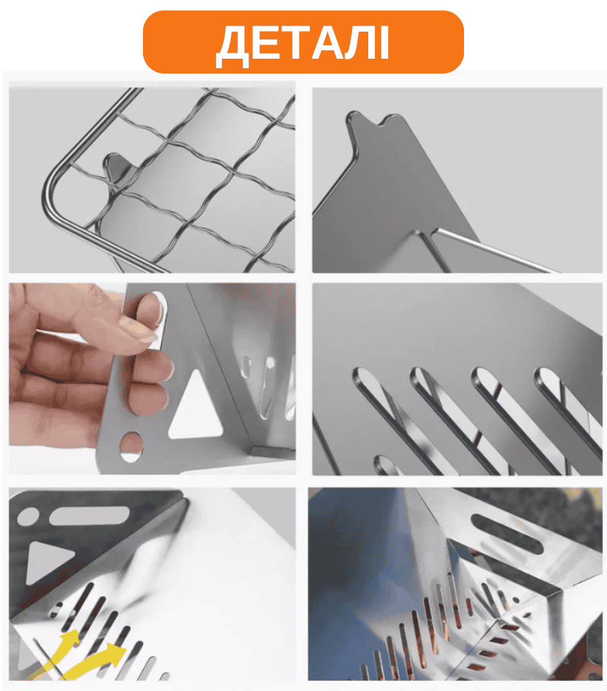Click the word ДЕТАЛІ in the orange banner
[x=303, y=43]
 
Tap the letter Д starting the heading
[x=233, y=46]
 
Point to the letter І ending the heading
[x=384, y=43]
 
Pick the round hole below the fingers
[x=132, y=447]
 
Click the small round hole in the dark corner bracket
[x=28, y=516]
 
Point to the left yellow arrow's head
[x=71, y=638]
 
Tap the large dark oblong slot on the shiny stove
[x=507, y=533]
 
